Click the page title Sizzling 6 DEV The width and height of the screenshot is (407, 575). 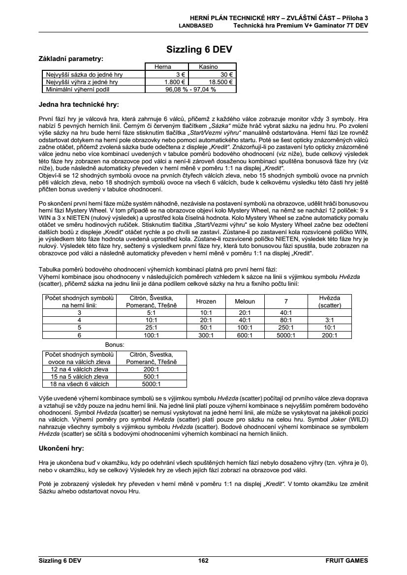coord(199,49)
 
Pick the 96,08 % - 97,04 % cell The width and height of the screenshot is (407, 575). coord(191,90)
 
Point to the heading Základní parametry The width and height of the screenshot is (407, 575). coord(71,58)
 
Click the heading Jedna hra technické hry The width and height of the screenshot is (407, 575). coord(79,104)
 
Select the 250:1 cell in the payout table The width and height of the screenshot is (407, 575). coord(285,328)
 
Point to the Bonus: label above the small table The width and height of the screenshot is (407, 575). coord(115,344)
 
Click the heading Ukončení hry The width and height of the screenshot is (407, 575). coord(62,449)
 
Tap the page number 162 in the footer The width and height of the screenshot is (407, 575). coord(203,560)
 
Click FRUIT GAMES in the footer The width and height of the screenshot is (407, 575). coord(346,560)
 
